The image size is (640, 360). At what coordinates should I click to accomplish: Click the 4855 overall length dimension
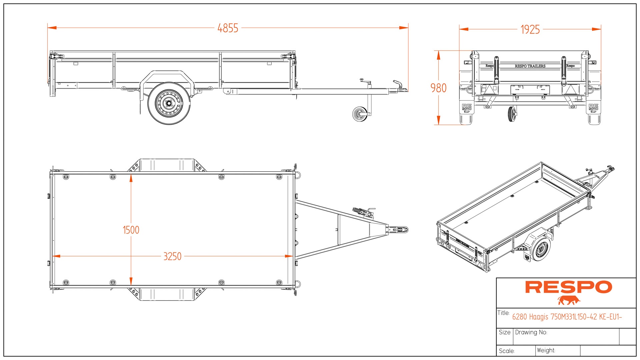click(228, 28)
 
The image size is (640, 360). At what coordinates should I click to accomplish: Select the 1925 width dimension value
click(530, 30)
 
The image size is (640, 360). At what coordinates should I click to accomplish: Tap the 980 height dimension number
click(438, 88)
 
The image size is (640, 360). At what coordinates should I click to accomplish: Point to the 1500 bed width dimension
click(131, 230)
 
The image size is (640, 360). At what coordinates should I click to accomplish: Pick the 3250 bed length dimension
click(172, 256)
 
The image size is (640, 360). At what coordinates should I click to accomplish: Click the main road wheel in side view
click(169, 103)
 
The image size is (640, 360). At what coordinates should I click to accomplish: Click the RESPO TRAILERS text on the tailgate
click(530, 66)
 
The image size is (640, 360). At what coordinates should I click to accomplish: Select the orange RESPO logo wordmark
click(568, 287)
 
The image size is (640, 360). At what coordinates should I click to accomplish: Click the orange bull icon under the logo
click(569, 300)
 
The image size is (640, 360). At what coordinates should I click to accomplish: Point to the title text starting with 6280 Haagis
click(567, 317)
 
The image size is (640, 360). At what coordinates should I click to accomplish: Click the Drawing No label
click(531, 332)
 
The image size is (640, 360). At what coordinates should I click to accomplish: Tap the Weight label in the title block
click(546, 350)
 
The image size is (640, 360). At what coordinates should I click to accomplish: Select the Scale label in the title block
click(507, 351)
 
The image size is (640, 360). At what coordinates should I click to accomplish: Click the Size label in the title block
click(505, 332)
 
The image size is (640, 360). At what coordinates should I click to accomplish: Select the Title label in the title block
click(503, 313)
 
